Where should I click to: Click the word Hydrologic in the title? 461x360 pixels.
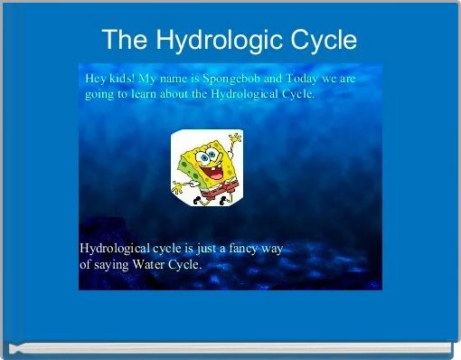pyautogui.click(x=228, y=41)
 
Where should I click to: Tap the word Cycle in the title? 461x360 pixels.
pyautogui.click(x=322, y=41)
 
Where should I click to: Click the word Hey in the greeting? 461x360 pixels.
pyautogui.click(x=97, y=79)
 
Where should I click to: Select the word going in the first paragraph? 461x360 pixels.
pyautogui.click(x=101, y=94)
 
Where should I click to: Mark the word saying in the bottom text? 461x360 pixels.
pyautogui.click(x=112, y=264)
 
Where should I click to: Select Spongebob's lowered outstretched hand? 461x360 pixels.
pyautogui.click(x=178, y=189)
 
